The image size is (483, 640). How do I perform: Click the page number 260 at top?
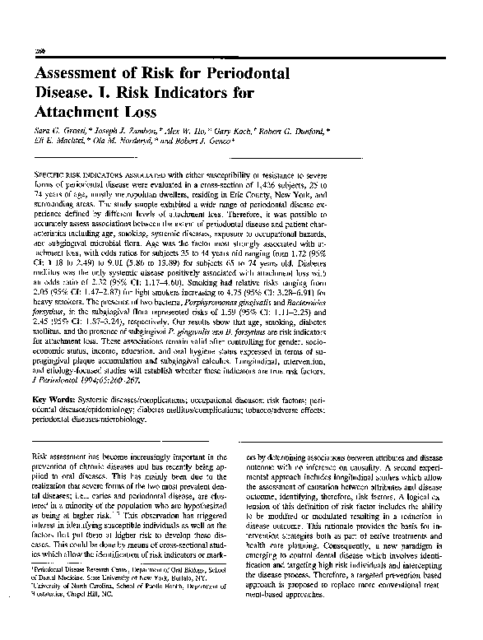click(x=38, y=49)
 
